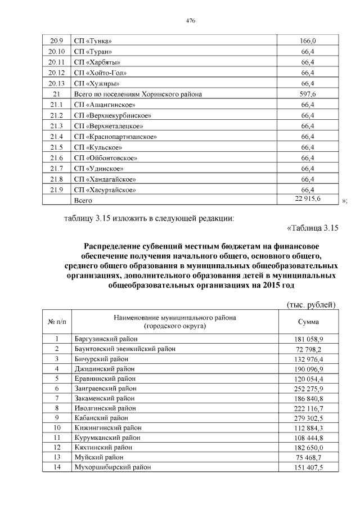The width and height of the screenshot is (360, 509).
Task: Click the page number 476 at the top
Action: click(x=190, y=20)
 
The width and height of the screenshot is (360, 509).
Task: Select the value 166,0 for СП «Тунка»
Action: click(x=308, y=41)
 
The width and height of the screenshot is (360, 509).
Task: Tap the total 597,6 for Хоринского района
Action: click(x=308, y=94)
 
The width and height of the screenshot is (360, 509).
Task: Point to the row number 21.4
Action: click(x=56, y=137)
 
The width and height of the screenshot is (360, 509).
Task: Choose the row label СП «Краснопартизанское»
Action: click(x=115, y=137)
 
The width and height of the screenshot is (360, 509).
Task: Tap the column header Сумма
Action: click(x=308, y=322)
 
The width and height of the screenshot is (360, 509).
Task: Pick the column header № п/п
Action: click(x=57, y=322)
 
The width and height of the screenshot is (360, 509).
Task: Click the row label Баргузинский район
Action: click(x=106, y=339)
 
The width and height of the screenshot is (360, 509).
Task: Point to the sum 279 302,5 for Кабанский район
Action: click(x=307, y=418)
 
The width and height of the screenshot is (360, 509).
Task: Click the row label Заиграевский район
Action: click(x=107, y=388)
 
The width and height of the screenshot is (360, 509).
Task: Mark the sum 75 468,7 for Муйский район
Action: click(x=307, y=457)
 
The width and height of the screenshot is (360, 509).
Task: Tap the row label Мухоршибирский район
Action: click(x=112, y=467)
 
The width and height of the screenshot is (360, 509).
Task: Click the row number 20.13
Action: click(x=56, y=83)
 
